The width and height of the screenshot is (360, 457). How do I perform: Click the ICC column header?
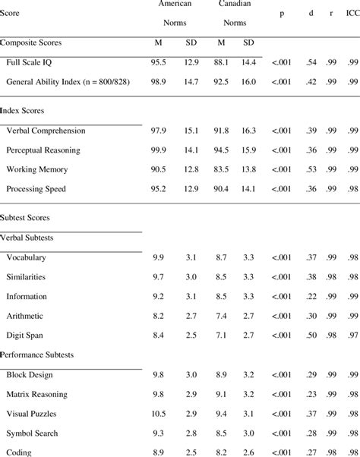pos(351,14)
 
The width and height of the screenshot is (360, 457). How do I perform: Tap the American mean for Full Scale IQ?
pos(159,60)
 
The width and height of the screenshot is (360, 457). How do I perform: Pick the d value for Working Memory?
pos(311,169)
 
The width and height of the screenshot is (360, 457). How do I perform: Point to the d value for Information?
pos(311,296)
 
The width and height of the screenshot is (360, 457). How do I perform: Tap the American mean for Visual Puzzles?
pos(159,414)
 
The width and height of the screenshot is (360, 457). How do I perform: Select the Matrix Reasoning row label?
pos(37,395)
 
